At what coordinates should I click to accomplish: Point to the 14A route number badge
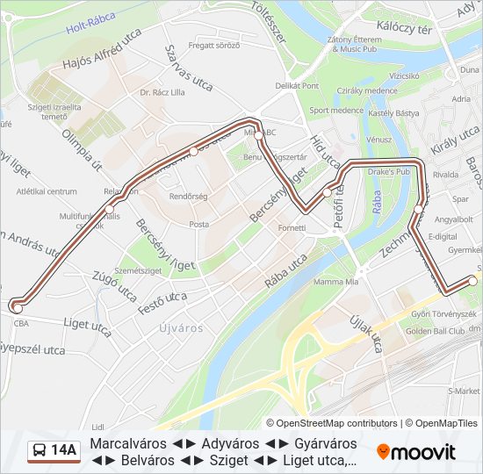tap(63, 451)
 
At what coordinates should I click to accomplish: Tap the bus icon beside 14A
tap(40, 451)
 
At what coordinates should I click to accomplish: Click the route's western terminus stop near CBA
tap(17, 306)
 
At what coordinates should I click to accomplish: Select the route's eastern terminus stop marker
tap(473, 281)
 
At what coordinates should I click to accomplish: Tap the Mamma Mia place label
tap(336, 282)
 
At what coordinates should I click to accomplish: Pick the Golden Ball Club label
tap(435, 331)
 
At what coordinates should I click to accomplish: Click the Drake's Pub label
tap(388, 172)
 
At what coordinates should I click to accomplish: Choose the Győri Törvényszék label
tap(444, 313)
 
